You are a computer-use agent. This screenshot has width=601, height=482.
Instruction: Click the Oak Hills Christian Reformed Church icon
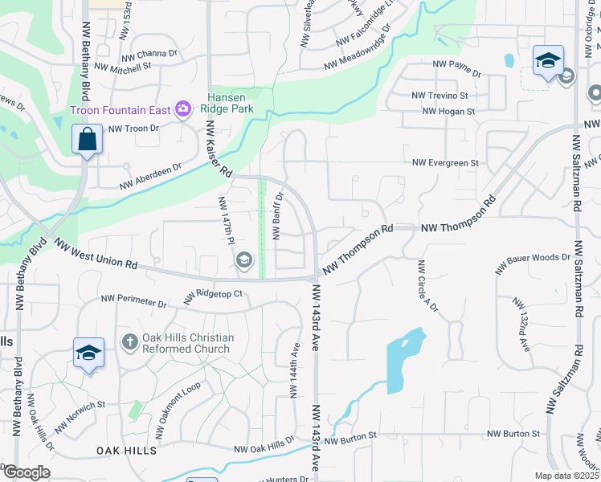coord(129,343)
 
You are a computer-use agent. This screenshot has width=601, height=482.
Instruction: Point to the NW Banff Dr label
coord(279,215)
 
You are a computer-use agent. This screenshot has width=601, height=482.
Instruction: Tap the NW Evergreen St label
coord(445,163)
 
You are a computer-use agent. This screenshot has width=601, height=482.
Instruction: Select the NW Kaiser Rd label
coord(219,149)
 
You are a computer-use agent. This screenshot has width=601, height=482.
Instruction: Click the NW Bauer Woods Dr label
coord(538,260)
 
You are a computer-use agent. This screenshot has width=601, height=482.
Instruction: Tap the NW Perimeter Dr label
coord(133,303)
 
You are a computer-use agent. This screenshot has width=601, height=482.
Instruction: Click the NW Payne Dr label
coord(456,67)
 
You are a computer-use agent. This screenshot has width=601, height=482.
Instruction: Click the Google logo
coord(26,472)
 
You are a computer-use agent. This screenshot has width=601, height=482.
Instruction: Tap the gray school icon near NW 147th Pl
coord(244,259)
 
